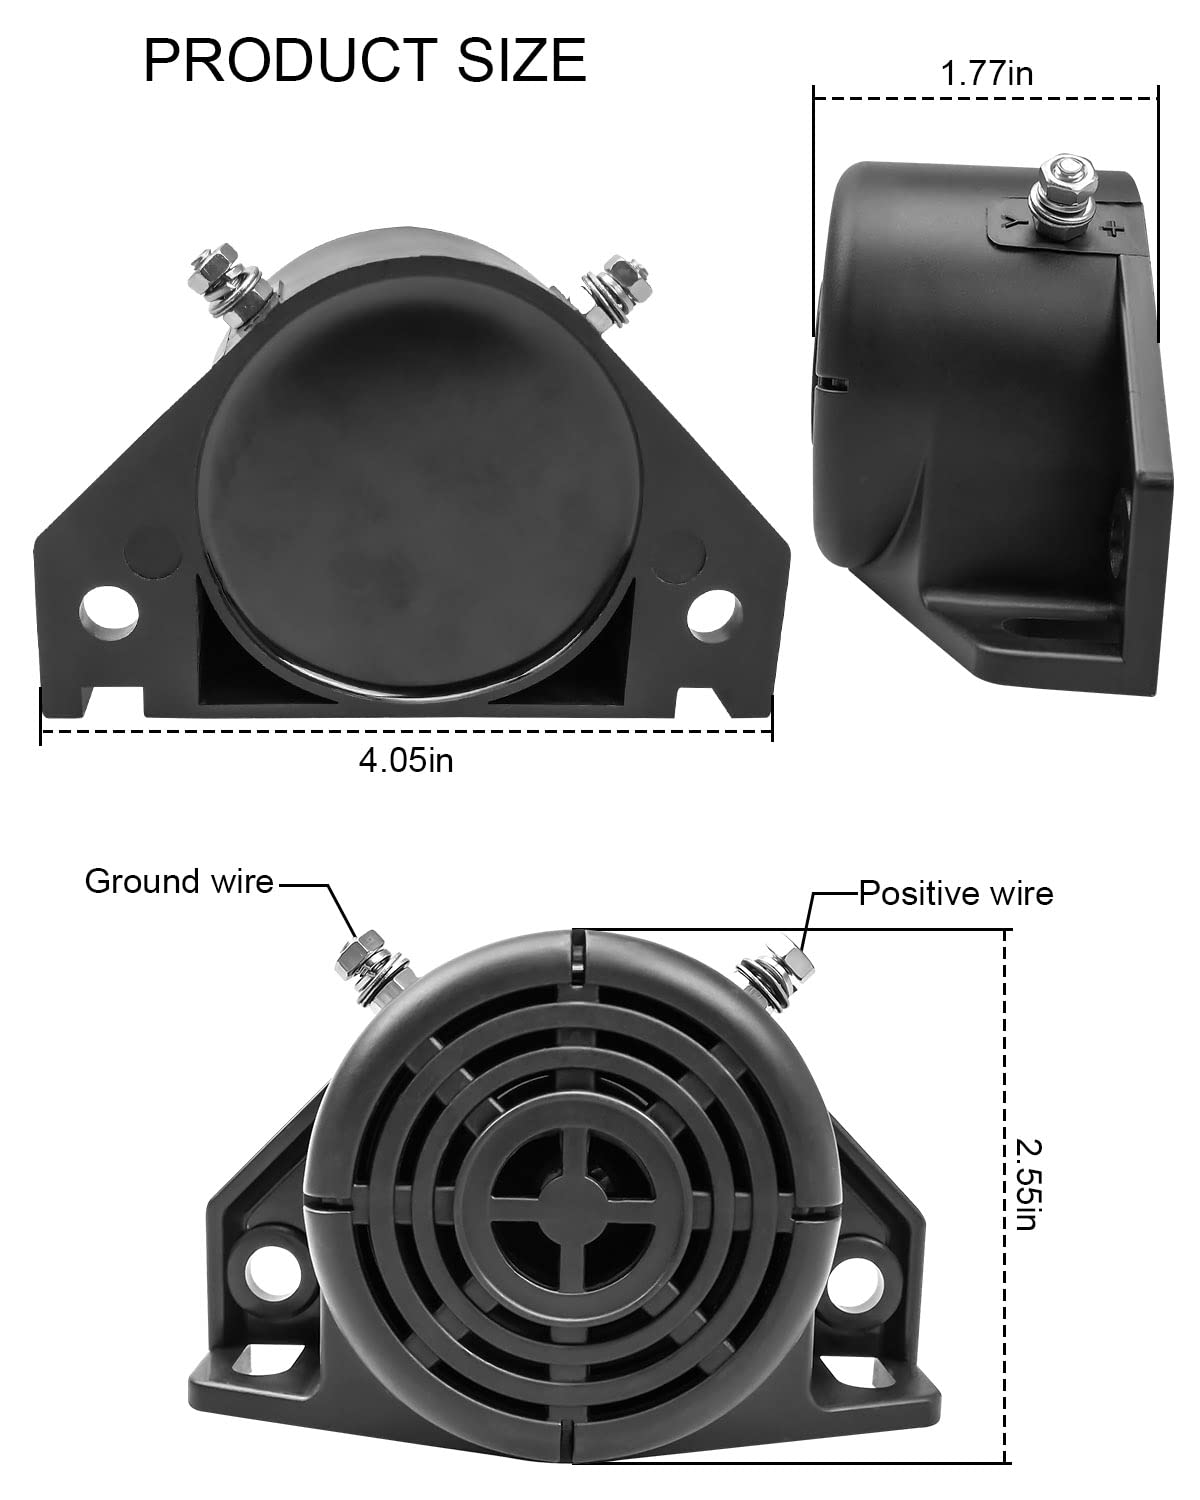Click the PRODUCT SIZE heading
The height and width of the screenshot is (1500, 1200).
pos(365,61)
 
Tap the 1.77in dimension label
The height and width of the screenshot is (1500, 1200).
pos(986,73)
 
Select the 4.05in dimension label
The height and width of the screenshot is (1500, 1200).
pos(406,760)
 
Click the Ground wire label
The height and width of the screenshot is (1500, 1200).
pos(179,881)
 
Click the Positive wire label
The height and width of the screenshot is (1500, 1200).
pos(955,894)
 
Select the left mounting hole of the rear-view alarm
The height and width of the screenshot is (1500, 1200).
pos(109,613)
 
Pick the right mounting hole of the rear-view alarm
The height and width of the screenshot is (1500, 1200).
pos(712,615)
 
